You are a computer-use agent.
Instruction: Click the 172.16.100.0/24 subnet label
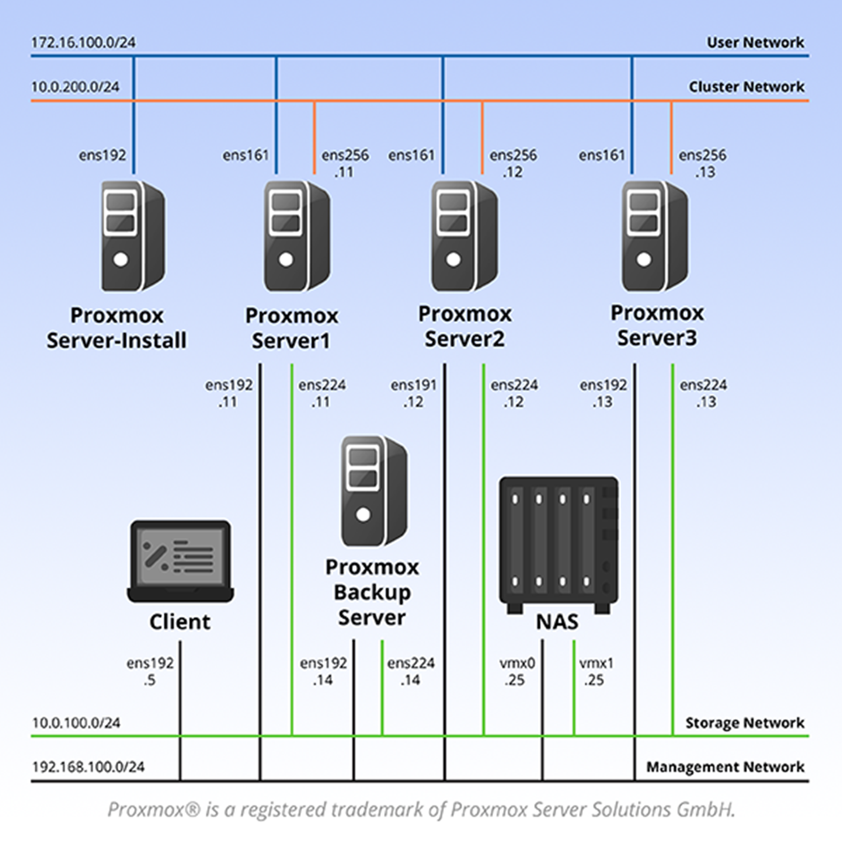[x=83, y=42]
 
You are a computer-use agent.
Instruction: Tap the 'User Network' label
[x=755, y=42]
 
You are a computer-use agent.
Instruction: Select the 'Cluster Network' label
[x=746, y=87]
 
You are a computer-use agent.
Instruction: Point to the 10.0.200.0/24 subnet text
[x=75, y=87]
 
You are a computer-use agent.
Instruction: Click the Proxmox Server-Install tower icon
[x=132, y=236]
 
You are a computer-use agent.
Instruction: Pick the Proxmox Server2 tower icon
[x=464, y=236]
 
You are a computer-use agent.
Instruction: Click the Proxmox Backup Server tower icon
[x=374, y=491]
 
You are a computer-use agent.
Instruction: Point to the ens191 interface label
[x=413, y=385]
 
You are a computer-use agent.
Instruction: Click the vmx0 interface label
[x=517, y=663]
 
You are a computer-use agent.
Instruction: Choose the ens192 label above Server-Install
[x=102, y=155]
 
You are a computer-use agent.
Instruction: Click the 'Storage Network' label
[x=744, y=723]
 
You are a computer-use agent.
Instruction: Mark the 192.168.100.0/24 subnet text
[x=88, y=767]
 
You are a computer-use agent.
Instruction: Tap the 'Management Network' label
[x=725, y=767]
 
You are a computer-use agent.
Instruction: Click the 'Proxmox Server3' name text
[x=657, y=325]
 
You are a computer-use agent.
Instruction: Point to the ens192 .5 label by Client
[x=150, y=671]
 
